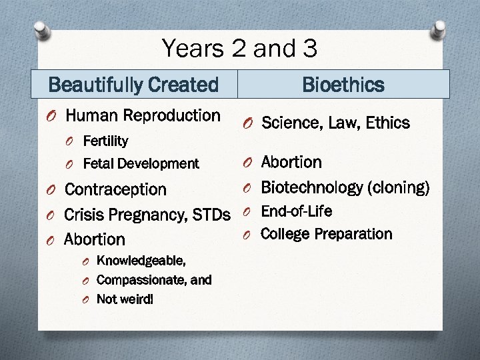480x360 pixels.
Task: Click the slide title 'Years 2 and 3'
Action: (x=239, y=48)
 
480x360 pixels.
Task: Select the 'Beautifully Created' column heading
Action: (x=133, y=85)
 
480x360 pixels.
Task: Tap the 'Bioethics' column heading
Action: (x=343, y=85)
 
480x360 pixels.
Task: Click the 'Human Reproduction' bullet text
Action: (x=143, y=116)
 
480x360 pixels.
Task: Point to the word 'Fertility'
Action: (x=105, y=141)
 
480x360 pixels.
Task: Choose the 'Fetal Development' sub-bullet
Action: (x=141, y=163)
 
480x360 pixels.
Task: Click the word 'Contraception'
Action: (x=115, y=189)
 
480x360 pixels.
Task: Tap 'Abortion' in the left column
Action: (x=94, y=239)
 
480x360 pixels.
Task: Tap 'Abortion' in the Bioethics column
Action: (x=291, y=163)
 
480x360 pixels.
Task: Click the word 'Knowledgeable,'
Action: (x=141, y=260)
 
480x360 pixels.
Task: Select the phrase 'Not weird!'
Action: (x=125, y=299)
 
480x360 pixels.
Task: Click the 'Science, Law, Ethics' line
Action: (x=335, y=123)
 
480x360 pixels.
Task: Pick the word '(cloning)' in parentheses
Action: (x=399, y=187)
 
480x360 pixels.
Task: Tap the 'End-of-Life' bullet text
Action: (x=296, y=211)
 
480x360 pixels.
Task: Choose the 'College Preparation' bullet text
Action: (x=326, y=234)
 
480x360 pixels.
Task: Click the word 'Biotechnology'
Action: (x=311, y=187)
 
